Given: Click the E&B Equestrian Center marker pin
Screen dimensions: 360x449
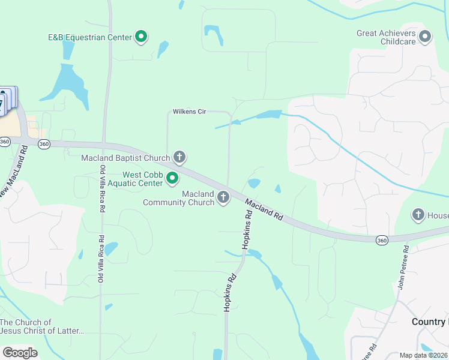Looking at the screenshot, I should pos(141,37).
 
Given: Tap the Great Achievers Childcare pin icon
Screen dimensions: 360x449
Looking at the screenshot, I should pos(425,37).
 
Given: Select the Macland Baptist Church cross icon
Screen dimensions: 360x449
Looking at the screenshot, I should pos(179,158).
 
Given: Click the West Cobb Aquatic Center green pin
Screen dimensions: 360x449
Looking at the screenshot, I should pos(172,178).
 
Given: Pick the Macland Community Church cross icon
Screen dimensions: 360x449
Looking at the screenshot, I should pos(223,197).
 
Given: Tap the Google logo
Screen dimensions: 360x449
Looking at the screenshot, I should pos(20,353).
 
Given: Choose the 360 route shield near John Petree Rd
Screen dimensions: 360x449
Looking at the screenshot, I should pos(382,240).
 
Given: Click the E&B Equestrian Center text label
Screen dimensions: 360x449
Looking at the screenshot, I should pos(90,37).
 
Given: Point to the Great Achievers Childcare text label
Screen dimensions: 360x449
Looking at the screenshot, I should pos(387,38).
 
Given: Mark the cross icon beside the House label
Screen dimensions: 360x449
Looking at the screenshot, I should pos(418,214).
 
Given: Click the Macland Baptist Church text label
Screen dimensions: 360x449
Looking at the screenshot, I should pos(126,158).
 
